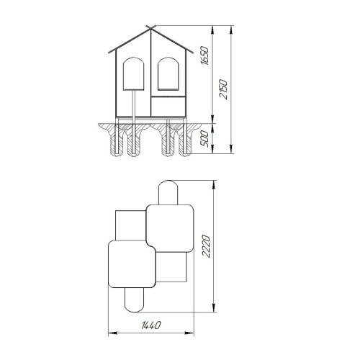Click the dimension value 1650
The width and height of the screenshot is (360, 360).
click(x=205, y=55)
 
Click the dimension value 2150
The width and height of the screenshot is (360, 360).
click(x=223, y=89)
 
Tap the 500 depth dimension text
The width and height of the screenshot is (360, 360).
click(x=204, y=139)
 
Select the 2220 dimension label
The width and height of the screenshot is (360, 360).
click(x=206, y=246)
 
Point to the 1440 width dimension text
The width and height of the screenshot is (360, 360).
click(x=151, y=325)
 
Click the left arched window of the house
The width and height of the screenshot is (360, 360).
click(x=134, y=73)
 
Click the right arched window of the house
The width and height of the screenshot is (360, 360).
click(x=168, y=73)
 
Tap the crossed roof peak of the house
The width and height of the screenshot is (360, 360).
click(x=150, y=28)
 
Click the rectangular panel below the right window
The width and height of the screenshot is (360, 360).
click(x=168, y=107)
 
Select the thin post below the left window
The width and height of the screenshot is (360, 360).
click(x=134, y=104)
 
